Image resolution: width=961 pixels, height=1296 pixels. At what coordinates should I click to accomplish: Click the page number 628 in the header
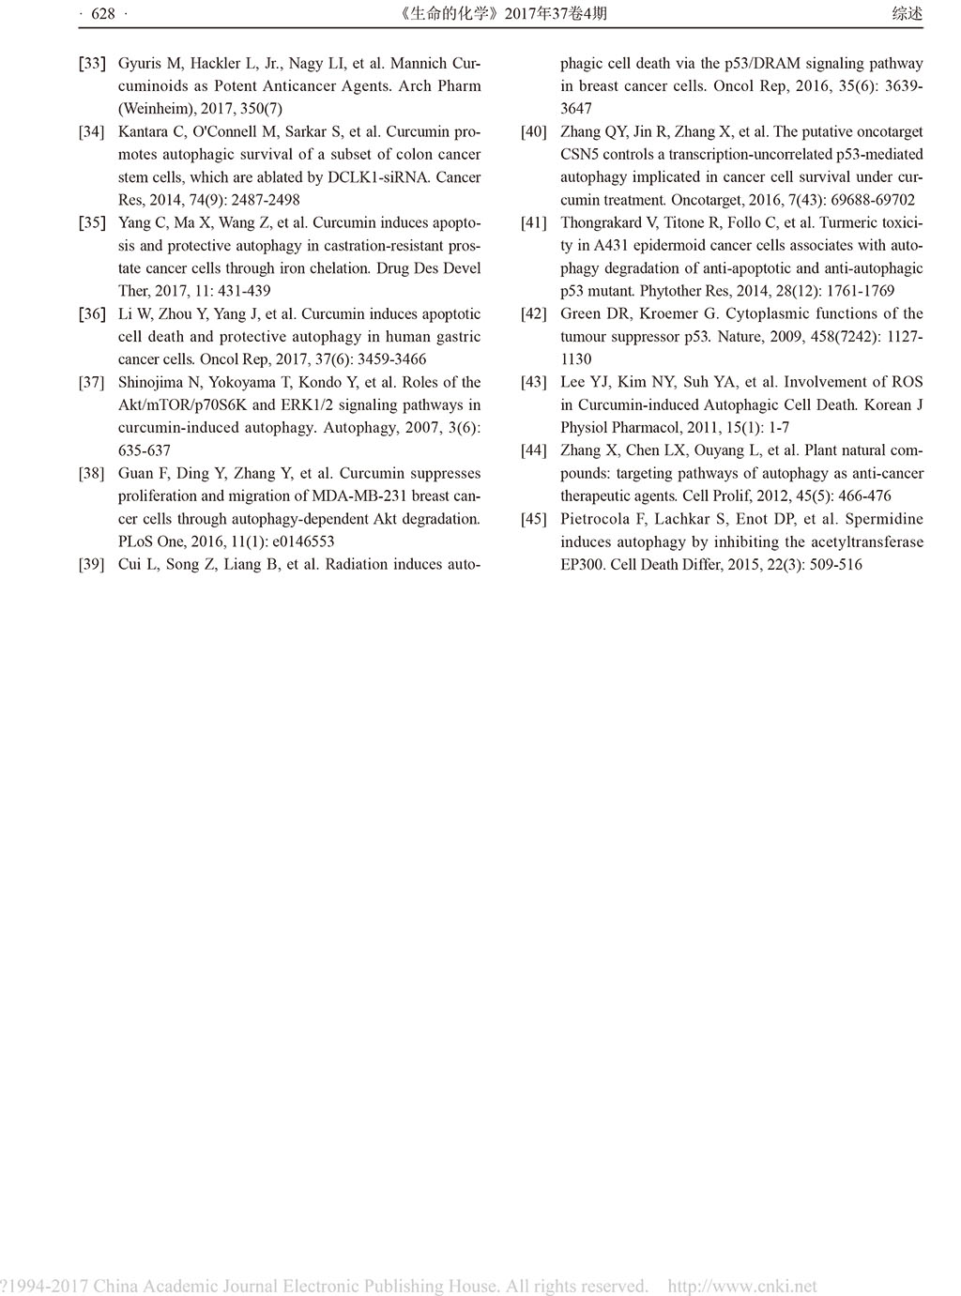[102, 13]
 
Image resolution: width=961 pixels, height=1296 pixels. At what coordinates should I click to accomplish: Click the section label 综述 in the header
[907, 13]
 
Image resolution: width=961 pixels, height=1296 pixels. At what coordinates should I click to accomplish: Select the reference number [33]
[91, 64]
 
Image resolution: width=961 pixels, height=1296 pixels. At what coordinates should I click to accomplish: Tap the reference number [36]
[91, 314]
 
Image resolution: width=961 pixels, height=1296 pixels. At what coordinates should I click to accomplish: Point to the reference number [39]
[91, 565]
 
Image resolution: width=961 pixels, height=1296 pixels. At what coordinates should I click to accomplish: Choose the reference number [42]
[533, 314]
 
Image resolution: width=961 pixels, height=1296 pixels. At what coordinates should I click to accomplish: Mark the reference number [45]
[533, 519]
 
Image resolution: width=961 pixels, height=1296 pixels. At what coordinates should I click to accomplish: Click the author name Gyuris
[140, 64]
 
